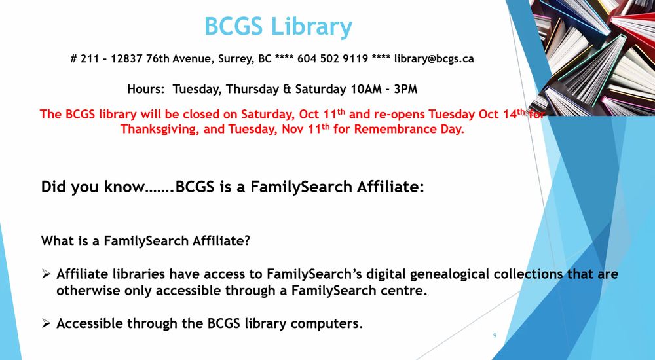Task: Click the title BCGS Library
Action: point(278,27)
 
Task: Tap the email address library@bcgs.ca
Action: point(434,58)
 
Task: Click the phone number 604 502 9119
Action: point(333,58)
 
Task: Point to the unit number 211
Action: point(90,58)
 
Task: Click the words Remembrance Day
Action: point(409,129)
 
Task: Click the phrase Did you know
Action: point(92,187)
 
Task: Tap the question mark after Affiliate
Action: point(247,241)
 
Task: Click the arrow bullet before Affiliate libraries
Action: point(47,274)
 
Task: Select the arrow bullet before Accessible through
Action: point(47,323)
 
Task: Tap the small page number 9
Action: point(495,335)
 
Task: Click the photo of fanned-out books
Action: point(591,58)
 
